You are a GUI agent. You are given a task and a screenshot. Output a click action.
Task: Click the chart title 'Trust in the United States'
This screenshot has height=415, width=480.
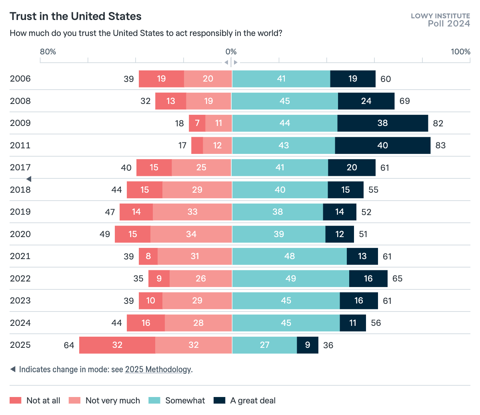[76, 16]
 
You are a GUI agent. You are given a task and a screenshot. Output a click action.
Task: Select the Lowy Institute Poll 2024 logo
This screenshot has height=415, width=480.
[440, 20]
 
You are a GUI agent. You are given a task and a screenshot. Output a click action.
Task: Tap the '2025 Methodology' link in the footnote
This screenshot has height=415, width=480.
[158, 369]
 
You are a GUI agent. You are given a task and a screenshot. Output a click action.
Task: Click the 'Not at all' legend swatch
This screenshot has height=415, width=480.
[16, 401]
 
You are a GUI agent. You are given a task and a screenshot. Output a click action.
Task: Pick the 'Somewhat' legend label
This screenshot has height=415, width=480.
[185, 401]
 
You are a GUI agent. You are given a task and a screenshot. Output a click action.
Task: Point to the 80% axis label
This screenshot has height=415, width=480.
[48, 52]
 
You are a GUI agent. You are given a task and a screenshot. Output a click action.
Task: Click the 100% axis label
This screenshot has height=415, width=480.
[460, 52]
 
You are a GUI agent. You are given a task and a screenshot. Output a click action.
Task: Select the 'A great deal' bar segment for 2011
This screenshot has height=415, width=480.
[382, 146]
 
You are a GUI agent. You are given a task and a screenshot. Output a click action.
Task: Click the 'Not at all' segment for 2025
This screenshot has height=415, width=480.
[117, 345]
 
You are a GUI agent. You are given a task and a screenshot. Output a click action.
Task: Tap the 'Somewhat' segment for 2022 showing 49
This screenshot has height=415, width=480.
[290, 279]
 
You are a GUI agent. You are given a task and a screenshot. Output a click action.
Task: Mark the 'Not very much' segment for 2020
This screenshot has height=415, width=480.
[191, 234]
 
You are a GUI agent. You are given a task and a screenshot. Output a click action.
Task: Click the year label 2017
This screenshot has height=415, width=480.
[20, 168]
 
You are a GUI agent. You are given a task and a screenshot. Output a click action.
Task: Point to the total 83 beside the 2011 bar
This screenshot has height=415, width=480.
[440, 146]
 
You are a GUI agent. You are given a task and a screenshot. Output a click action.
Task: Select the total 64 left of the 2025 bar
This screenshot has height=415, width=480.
[69, 345]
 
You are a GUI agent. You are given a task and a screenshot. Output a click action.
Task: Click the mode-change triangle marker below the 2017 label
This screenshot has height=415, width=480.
[29, 179]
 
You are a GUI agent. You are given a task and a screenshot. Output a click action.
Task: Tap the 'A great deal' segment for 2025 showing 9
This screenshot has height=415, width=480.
[307, 345]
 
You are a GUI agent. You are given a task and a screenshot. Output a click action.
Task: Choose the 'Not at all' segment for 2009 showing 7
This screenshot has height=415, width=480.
[197, 123]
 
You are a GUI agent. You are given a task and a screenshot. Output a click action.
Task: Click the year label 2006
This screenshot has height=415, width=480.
[20, 79]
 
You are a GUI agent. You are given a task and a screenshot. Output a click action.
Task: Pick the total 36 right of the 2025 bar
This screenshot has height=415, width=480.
[328, 345]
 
